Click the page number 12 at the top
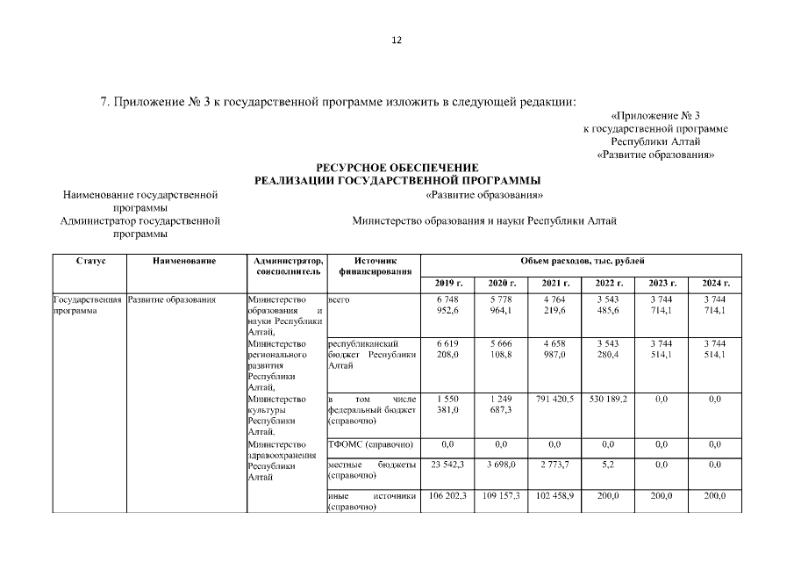click(397, 41)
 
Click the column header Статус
click(90, 261)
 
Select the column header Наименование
click(184, 261)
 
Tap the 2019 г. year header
click(447, 283)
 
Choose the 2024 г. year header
click(716, 283)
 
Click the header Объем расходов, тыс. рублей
click(582, 261)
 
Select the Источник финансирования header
click(372, 266)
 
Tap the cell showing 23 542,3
click(447, 464)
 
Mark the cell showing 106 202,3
click(447, 496)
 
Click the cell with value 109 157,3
click(501, 496)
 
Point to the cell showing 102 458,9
click(554, 496)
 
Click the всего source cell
click(338, 300)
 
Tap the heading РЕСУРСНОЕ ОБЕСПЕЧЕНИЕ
click(397, 167)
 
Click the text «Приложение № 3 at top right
click(655, 116)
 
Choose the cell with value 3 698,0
click(501, 464)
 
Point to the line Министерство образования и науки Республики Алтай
click(483, 220)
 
